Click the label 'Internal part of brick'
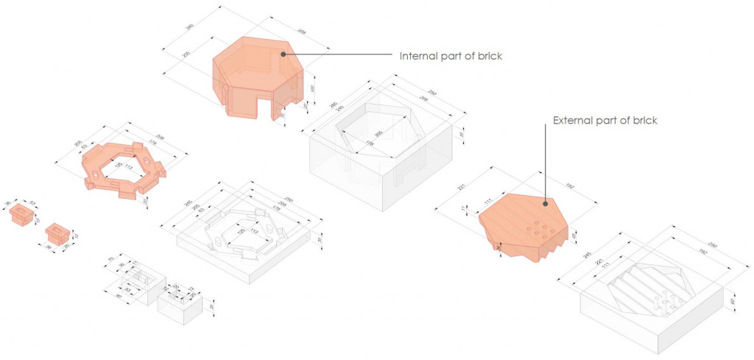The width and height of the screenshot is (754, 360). click(451, 56)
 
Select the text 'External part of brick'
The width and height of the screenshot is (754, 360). click(605, 120)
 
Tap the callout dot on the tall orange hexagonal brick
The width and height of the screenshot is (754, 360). click(282, 54)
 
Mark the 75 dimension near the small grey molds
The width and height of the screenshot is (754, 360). click(111, 259)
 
